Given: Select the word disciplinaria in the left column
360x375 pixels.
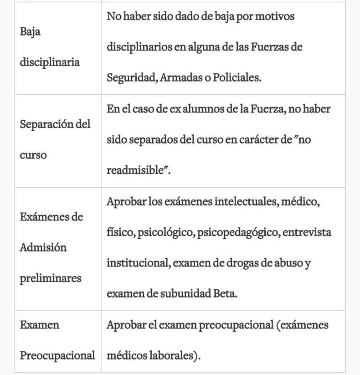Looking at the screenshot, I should click(50, 62).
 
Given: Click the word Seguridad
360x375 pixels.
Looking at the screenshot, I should click(132, 77).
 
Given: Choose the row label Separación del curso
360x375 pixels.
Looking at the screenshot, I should click(55, 139).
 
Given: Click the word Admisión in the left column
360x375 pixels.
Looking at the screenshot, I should click(43, 247).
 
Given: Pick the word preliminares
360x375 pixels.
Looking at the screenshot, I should click(50, 278).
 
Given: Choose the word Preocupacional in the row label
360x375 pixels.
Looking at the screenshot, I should click(57, 355).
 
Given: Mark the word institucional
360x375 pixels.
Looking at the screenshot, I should click(134, 263).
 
